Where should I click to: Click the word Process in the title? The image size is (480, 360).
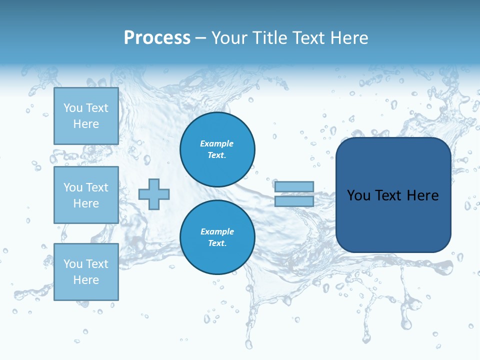coord(157,38)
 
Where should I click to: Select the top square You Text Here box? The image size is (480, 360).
coord(86,116)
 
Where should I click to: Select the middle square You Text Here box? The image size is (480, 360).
coord(86,195)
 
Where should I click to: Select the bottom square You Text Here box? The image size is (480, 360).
coord(86,272)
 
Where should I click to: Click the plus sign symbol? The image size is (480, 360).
coord(154,194)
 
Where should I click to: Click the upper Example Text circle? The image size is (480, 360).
coord(217,149)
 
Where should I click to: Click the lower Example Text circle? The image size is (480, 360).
coord(217,237)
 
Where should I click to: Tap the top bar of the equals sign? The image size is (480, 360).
coord(294,186)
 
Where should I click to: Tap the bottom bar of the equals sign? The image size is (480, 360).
coord(294,201)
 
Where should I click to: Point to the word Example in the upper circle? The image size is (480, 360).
coord(217,143)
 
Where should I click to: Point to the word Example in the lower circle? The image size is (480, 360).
coord(217,231)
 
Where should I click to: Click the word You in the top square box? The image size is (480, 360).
coord(73,108)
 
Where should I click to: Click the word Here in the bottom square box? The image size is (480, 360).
coord(86,280)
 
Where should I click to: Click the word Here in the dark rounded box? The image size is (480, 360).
coord(423,195)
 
